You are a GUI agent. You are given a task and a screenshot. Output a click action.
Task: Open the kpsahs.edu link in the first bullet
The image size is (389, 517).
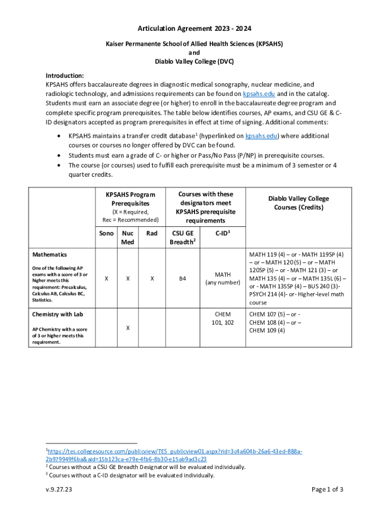coord(262,136)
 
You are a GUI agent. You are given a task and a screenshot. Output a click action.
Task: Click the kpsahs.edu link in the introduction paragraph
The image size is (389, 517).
coord(259,94)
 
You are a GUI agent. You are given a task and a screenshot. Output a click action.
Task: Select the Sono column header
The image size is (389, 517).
coord(106,233)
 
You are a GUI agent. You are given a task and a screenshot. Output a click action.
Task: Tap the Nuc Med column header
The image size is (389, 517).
coord(128,237)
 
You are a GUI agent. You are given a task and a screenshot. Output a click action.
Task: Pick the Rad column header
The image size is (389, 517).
coord(152,233)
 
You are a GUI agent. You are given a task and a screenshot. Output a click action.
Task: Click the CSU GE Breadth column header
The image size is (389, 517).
coord(182,237)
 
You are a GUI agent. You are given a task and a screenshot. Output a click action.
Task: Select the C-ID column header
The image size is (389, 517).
coord(223,233)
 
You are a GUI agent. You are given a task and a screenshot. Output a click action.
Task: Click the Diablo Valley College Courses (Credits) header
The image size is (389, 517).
coord(299,203)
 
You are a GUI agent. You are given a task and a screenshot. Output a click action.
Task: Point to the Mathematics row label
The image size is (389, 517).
coord(50,255)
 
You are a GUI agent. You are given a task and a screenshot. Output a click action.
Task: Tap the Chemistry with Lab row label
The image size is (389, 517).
coord(58,315)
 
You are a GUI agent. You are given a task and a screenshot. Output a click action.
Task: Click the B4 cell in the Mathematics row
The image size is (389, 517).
coord(182,278)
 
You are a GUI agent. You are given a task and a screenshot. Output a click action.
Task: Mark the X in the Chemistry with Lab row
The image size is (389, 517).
coord(128,328)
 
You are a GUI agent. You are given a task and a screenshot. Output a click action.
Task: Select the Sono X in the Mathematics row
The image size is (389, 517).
coord(106,278)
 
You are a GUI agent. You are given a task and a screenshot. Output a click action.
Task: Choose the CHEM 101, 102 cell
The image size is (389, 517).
coord(223,318)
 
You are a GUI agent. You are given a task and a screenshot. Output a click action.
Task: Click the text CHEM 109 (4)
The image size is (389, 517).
coord(267,331)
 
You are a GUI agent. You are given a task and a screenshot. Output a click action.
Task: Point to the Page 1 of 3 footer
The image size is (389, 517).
coord(327,489)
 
